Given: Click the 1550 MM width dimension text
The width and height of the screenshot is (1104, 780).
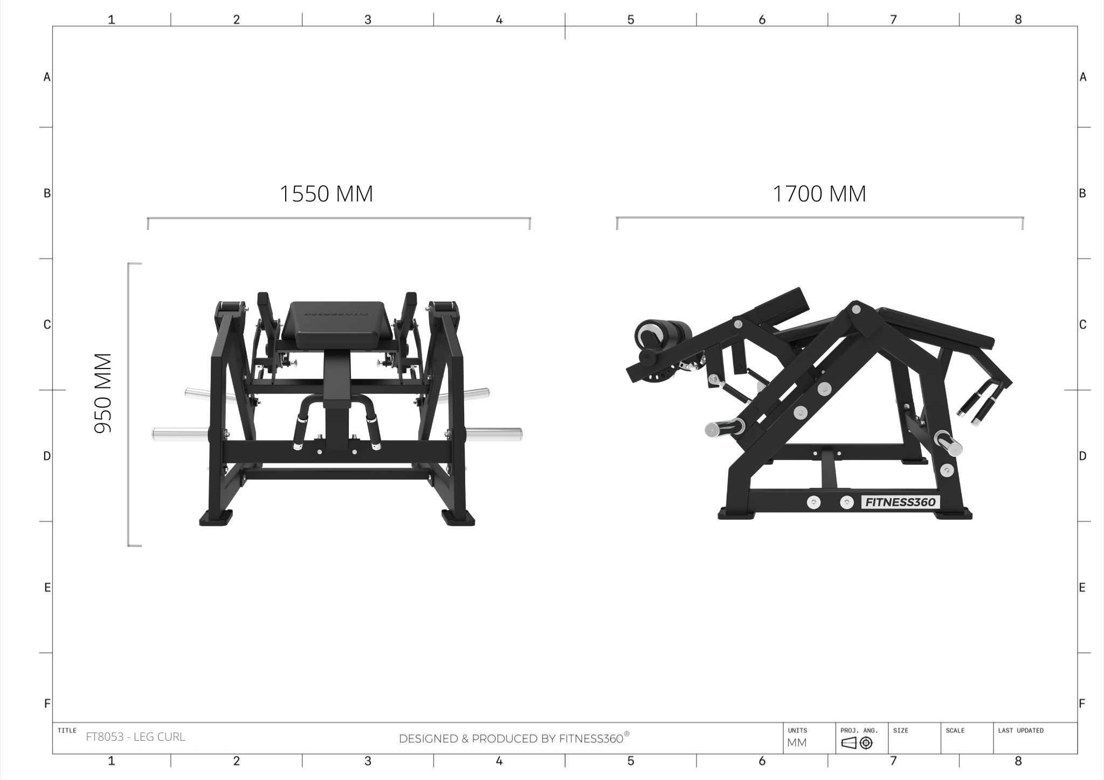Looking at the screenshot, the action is pyautogui.click(x=326, y=194).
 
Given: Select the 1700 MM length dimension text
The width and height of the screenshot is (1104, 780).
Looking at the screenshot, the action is pyautogui.click(x=819, y=194).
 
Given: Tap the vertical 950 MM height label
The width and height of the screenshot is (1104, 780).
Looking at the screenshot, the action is pyautogui.click(x=103, y=393).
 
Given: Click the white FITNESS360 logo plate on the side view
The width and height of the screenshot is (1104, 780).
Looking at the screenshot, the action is pyautogui.click(x=900, y=502).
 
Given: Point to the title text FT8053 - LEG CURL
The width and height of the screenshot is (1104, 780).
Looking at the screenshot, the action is pyautogui.click(x=135, y=737).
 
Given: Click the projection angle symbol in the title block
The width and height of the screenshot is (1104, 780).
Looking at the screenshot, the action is pyautogui.click(x=857, y=743).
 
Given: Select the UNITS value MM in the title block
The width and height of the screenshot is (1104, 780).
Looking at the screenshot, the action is pyautogui.click(x=797, y=743).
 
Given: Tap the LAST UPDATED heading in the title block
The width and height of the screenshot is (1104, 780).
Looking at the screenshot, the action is pyautogui.click(x=1020, y=730).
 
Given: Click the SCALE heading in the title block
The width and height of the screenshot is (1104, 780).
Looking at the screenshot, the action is pyautogui.click(x=955, y=730).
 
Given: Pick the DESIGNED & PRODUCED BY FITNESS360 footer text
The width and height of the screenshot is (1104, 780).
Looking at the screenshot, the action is pyautogui.click(x=514, y=739).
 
